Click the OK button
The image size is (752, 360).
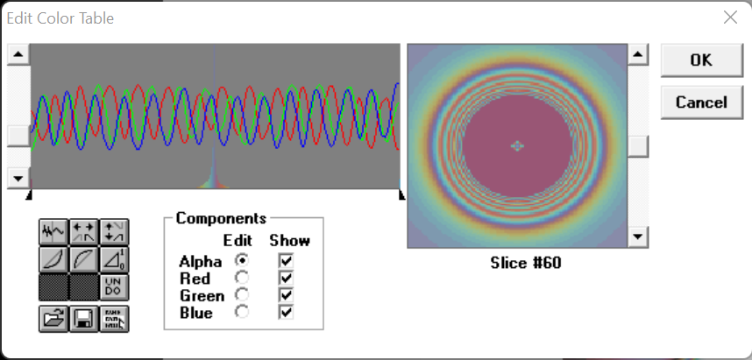point(701,60)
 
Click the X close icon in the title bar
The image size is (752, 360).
point(730,18)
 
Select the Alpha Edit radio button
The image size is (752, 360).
point(242,260)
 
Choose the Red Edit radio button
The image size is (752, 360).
point(242,278)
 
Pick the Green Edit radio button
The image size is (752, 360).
point(242,295)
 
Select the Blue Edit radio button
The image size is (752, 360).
point(242,312)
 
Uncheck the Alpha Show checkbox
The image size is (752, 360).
point(286,261)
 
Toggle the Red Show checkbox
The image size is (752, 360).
point(286,278)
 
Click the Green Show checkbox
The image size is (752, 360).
point(286,295)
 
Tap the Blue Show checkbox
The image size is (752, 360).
point(286,313)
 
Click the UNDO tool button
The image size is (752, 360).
point(114,287)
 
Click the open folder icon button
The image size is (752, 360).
point(53,318)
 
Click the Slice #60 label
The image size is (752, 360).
point(526,263)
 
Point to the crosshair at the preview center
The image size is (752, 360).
point(517,145)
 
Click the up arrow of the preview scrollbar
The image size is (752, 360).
point(638,54)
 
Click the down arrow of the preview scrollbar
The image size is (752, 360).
point(638,236)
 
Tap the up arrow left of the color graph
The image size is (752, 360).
point(18,54)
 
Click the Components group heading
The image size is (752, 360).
point(221,219)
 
